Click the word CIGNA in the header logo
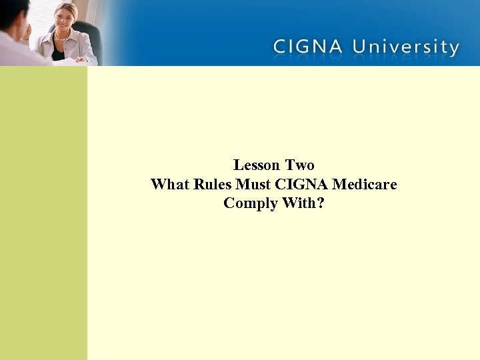pos(308,47)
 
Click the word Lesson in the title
pos(257,165)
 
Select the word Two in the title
pos(300,165)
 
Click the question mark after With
pos(321,203)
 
